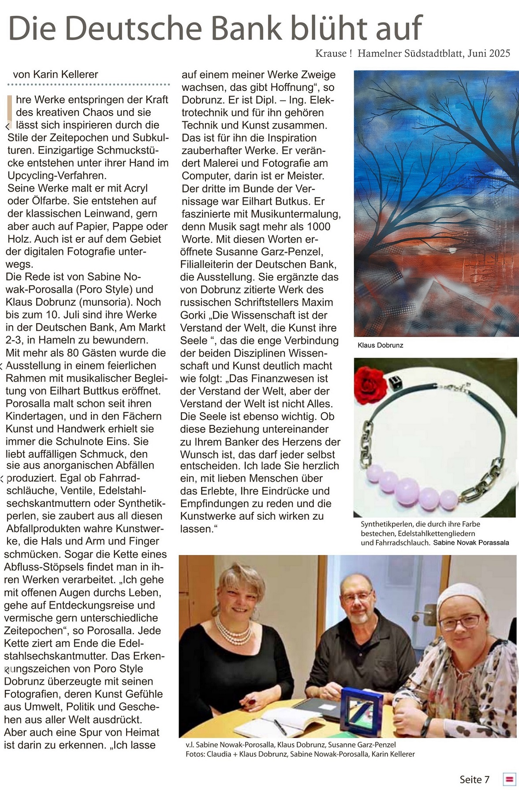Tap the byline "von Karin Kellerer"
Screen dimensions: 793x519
56,74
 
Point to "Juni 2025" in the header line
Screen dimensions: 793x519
489,54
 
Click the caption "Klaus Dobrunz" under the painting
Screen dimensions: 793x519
380,345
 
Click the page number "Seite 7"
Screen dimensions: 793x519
474,779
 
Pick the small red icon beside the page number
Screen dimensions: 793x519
509,779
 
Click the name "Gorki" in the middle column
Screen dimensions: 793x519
193,315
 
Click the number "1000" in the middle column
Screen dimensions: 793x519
317,226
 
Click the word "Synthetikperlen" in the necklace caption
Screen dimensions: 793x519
387,524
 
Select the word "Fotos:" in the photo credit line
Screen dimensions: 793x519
195,754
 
